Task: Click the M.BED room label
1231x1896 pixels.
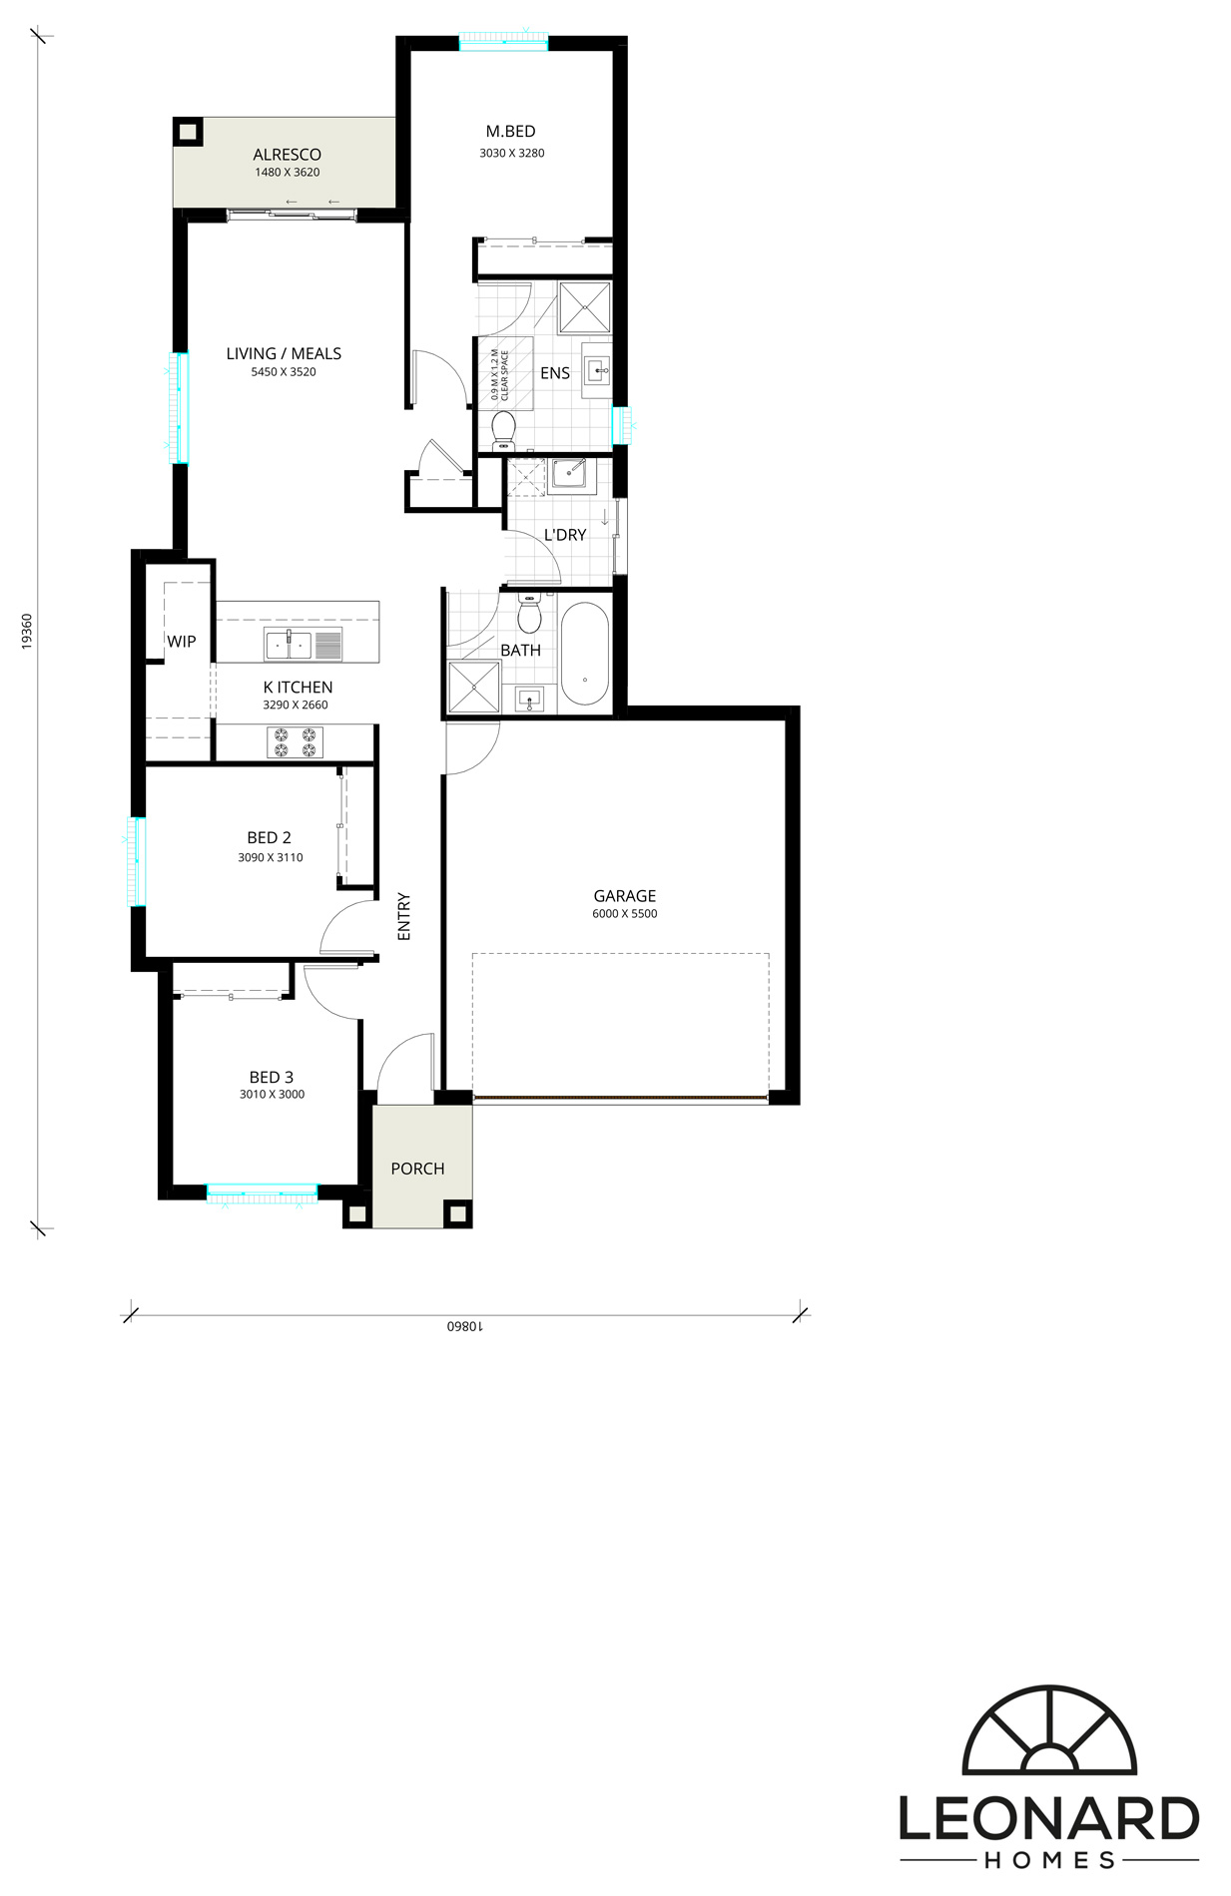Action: (510, 132)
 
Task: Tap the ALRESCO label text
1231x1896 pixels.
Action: (287, 155)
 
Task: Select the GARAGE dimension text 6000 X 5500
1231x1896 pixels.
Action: (625, 914)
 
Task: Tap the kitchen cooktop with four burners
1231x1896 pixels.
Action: (295, 742)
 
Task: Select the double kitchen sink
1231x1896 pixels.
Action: (289, 645)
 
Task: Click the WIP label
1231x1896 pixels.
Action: (182, 642)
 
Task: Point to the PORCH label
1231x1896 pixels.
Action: (417, 1169)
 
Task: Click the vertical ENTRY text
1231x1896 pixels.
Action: (404, 916)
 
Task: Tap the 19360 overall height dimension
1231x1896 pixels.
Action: (27, 632)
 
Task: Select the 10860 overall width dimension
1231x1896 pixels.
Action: (464, 1326)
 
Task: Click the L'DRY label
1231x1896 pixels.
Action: (565, 535)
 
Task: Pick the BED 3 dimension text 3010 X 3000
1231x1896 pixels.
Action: (272, 1095)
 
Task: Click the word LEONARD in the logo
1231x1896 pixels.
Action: (1049, 1819)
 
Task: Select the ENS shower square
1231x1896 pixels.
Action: (584, 307)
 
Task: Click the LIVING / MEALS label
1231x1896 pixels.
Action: (284, 353)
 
